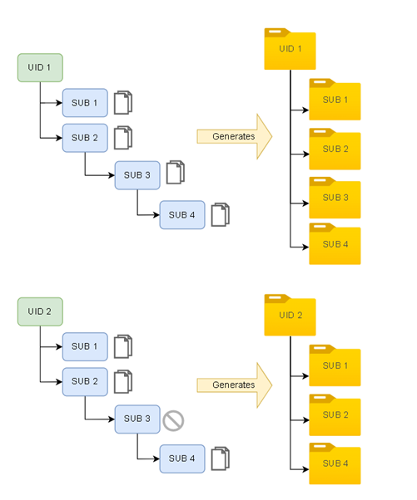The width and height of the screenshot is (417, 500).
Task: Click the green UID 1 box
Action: coord(40,68)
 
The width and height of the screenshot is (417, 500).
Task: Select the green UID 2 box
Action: coord(40,311)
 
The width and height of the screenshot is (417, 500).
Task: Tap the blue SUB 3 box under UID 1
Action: coord(137,174)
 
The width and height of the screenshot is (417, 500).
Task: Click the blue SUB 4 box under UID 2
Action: coord(181,458)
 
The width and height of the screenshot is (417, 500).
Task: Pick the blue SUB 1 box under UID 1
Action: coord(84,103)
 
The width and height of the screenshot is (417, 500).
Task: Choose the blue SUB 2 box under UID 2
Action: coord(84,381)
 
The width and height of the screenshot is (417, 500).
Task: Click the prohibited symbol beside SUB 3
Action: coord(173,420)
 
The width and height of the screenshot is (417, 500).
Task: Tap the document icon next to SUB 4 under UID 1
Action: coord(220,215)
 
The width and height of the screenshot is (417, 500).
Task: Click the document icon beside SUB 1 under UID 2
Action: coord(123,346)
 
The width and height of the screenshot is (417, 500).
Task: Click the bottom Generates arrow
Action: coord(234,385)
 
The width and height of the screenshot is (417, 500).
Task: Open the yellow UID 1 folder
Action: coord(290,50)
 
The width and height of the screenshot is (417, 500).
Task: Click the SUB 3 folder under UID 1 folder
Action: coord(335,198)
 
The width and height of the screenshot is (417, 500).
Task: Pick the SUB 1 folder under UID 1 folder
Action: coord(335,100)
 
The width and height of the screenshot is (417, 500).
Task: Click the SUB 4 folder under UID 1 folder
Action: coord(335,244)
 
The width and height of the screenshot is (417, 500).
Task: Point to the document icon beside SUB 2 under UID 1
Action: coord(123,138)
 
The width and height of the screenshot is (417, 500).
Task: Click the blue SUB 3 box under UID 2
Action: coord(137,419)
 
